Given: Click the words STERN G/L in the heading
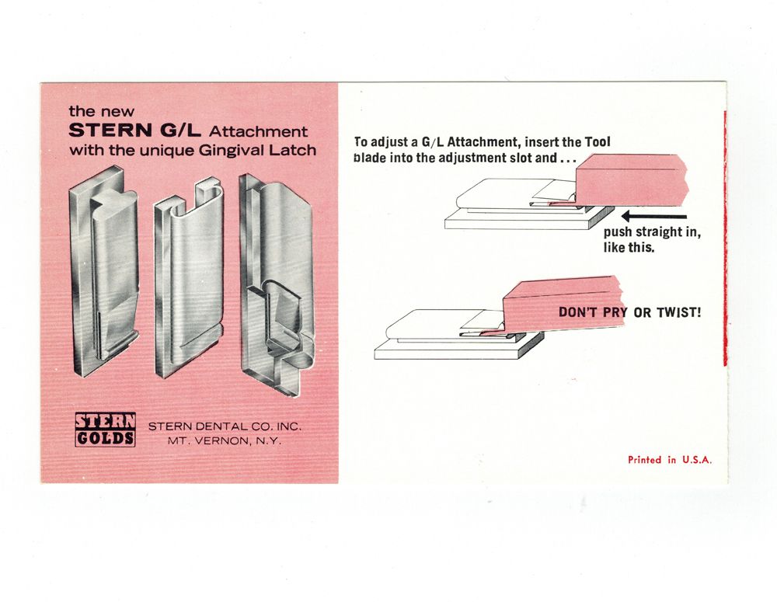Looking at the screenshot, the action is [x=134, y=130].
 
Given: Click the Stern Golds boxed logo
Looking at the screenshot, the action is [x=105, y=430].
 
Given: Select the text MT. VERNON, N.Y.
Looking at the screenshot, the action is [x=224, y=441].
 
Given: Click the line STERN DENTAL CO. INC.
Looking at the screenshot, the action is [x=225, y=426].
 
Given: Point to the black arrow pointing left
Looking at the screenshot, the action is [x=654, y=216].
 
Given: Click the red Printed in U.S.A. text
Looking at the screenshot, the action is [x=670, y=460].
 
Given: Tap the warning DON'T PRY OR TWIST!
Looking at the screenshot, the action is [x=630, y=312].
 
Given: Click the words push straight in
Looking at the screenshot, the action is [x=652, y=232].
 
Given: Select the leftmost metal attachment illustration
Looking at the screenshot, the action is [x=103, y=272].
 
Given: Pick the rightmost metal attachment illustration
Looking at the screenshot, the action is [x=277, y=284].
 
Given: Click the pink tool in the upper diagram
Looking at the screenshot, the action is [x=631, y=179].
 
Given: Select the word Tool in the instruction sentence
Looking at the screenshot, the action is [x=598, y=141].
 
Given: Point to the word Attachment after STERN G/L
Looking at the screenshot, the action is [x=258, y=131].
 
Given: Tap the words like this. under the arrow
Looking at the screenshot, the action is [x=629, y=247].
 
